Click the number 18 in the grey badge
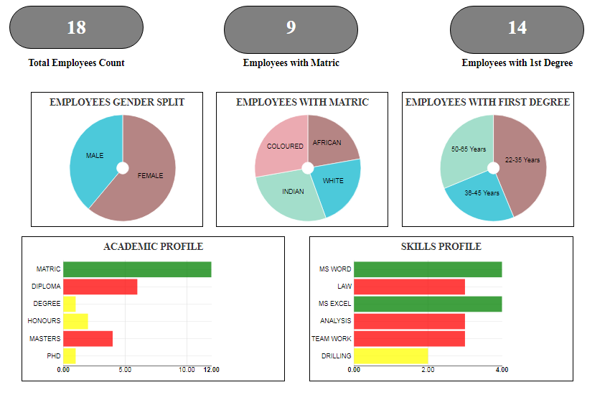tap(76, 27)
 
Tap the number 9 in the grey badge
tap(291, 27)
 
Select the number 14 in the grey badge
tap(517, 27)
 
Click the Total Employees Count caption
tap(76, 63)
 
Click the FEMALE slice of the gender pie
tap(150, 176)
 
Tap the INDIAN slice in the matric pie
tap(292, 192)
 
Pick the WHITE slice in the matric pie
tap(334, 181)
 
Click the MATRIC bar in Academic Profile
tap(137, 269)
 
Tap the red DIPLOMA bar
tap(100, 287)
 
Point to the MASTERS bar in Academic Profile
tap(88, 338)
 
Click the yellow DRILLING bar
tap(390, 355)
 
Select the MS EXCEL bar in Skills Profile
tap(427, 304)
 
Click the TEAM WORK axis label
tap(331, 338)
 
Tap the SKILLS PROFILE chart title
tap(441, 246)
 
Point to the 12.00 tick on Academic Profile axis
tap(212, 370)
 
